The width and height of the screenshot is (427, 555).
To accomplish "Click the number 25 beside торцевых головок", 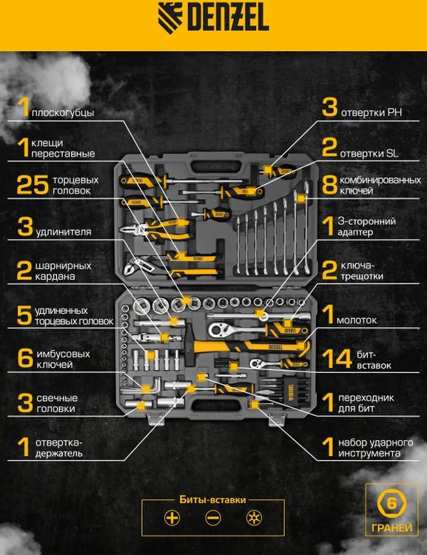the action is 33,185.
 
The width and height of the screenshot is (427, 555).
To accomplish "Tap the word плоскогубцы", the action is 63,113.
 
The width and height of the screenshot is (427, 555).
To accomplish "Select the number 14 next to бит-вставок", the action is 337,359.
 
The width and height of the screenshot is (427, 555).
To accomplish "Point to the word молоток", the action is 357,320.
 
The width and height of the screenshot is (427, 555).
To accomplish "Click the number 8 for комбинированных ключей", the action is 329,185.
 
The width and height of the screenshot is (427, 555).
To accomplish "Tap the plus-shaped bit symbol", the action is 172,518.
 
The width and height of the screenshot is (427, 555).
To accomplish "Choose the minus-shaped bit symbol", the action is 213,518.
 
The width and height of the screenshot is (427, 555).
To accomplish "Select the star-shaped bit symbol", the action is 255,518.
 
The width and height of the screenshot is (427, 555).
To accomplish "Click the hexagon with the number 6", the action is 391,503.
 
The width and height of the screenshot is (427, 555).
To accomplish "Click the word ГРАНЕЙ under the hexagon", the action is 391,528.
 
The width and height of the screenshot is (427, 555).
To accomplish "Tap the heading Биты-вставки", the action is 213,499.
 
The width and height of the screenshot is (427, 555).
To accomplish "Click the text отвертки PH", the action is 371,112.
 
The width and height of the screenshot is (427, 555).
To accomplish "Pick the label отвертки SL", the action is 369,154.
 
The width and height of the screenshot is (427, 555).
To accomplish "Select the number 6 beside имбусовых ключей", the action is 25,358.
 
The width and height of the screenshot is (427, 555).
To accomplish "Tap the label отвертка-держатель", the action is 58,448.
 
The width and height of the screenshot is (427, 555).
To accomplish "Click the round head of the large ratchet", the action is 216,329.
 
